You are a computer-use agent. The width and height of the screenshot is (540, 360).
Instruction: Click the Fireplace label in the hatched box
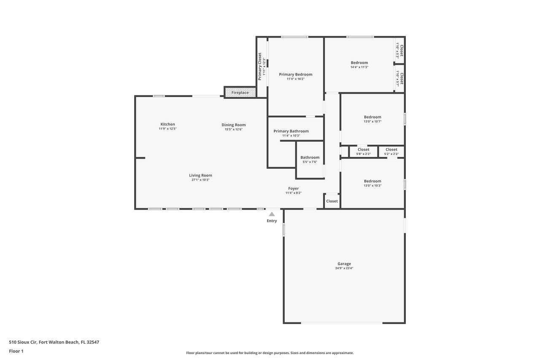click(240, 92)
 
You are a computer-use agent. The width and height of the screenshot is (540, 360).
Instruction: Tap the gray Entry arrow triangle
click(272, 214)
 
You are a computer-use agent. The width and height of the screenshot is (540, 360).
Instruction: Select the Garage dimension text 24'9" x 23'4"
click(344, 268)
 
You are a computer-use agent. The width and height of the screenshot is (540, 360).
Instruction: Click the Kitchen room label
click(167, 124)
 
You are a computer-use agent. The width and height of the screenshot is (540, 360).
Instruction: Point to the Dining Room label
click(234, 125)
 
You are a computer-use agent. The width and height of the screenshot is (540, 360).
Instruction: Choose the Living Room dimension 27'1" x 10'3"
click(200, 180)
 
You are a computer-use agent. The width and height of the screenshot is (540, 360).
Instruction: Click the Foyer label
click(293, 189)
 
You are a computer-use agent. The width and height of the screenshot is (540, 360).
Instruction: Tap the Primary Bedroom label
click(296, 75)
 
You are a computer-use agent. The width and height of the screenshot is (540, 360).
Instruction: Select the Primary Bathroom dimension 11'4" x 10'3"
click(291, 136)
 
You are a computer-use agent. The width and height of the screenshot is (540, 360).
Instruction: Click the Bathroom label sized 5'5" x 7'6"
click(310, 157)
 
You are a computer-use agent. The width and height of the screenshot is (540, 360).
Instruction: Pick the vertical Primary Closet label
click(259, 66)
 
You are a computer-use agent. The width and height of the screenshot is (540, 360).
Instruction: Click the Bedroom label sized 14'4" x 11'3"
click(359, 63)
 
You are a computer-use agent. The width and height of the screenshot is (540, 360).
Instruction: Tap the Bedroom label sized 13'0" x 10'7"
click(373, 117)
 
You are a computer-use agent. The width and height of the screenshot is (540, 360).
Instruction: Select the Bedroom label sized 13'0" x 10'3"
click(373, 181)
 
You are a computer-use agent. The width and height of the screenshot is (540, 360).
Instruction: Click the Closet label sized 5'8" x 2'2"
click(363, 149)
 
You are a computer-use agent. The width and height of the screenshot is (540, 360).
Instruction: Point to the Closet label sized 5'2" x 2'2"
click(391, 149)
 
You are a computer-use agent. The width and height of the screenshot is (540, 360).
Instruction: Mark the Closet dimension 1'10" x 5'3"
click(397, 51)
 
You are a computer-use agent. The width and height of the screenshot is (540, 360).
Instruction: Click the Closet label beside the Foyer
click(332, 201)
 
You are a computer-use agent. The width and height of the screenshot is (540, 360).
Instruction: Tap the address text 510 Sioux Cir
click(23, 342)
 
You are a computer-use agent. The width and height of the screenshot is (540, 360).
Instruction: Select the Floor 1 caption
click(16, 351)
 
